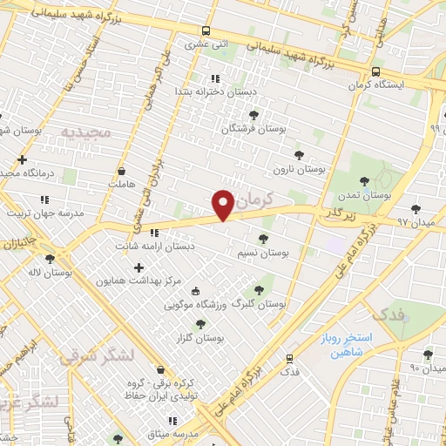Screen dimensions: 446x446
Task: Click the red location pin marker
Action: pos(223,205)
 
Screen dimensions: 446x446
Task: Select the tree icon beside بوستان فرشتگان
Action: pos(253,114)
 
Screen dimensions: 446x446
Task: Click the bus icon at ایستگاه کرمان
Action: pos(375,72)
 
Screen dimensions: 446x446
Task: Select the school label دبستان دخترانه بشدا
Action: pos(208,91)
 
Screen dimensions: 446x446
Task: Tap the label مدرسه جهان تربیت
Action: pos(45,213)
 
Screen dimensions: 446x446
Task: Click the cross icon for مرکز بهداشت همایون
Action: pos(139,267)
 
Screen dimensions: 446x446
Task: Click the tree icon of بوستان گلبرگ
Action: pos(258,290)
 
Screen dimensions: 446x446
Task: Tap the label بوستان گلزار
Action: pos(201,336)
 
